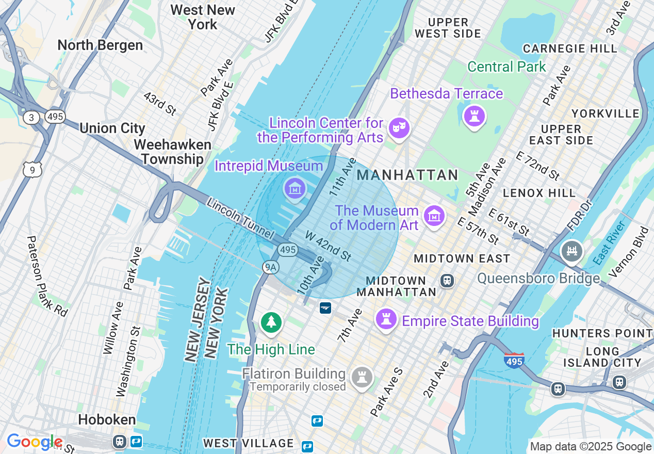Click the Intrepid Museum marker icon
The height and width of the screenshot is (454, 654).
[x=295, y=188]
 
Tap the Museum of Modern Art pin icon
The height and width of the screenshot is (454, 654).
[x=434, y=217]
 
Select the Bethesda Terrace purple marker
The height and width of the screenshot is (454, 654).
[x=474, y=116]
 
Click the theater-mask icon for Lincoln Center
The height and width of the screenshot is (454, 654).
[x=399, y=127]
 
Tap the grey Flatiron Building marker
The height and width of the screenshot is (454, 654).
[x=362, y=378]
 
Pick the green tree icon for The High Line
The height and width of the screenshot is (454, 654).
[x=271, y=322]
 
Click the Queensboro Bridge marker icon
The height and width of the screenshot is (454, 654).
[x=571, y=252]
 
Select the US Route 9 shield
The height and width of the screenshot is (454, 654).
[x=32, y=169]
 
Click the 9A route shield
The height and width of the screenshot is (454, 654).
[x=270, y=267]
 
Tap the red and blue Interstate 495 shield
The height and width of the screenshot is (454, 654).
[x=515, y=360]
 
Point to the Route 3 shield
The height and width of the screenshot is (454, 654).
[x=31, y=117]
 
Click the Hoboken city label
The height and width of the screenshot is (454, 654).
[x=107, y=419]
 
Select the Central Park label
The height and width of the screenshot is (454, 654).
[x=506, y=67]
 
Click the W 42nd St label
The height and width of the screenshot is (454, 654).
[x=328, y=246]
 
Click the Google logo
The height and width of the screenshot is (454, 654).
[x=34, y=442]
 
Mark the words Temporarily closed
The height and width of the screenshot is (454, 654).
[x=298, y=386]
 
